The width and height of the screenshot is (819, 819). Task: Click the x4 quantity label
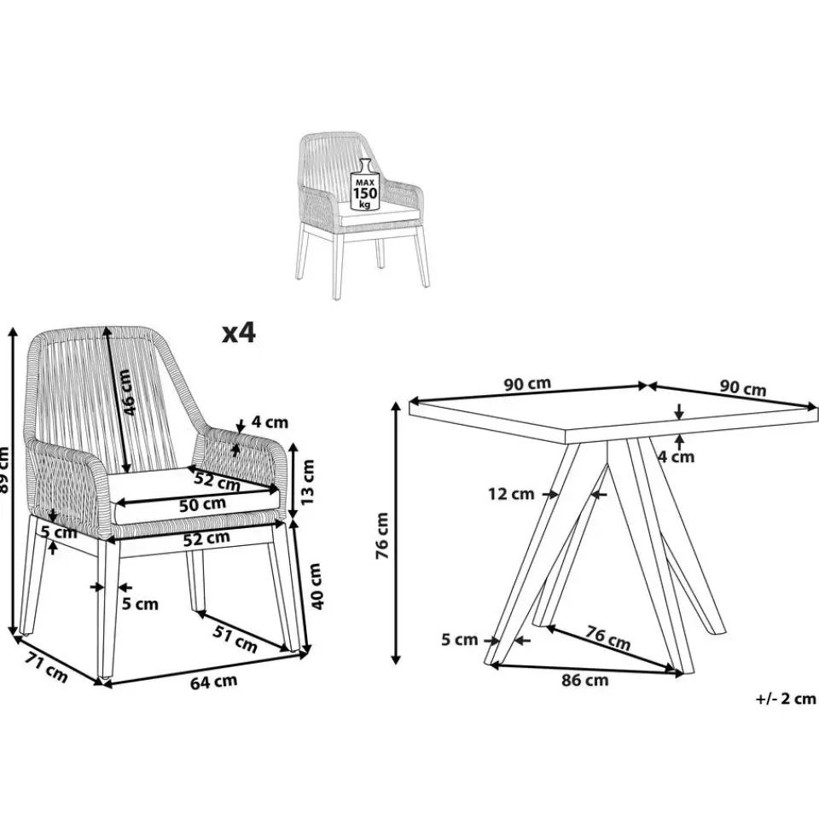pos(239,332)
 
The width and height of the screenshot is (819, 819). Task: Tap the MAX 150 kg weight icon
pos(365,184)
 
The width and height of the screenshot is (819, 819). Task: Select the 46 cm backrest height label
pos(126,392)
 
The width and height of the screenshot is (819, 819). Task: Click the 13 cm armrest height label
pos(308,481)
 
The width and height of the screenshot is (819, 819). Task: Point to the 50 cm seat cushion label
pos(203,505)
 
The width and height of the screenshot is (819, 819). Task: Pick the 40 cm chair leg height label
pos(317,586)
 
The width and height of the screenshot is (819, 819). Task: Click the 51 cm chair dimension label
pos(235,639)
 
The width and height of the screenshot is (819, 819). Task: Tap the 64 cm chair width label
pos(213,682)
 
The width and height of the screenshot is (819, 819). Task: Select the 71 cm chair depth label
pos(46,667)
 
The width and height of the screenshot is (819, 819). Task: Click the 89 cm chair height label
pos(4,469)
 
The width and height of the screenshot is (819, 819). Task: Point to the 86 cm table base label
pos(585,680)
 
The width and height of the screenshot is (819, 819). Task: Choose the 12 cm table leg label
pos(511,494)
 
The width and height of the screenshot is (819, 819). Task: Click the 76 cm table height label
pos(382,536)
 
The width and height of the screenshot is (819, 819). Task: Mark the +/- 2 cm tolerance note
pos(786,699)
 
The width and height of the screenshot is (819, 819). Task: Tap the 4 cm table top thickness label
pos(676,457)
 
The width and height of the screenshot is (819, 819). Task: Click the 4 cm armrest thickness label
pos(270,421)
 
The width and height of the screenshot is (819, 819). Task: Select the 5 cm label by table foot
pos(460,639)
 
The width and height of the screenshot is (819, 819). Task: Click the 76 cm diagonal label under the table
pos(607,637)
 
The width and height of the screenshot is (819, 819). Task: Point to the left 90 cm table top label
pos(527,384)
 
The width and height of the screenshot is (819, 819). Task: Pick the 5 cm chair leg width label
pos(140,604)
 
